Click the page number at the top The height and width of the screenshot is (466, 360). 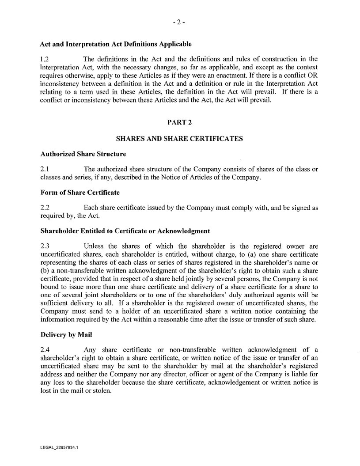tap(179, 23)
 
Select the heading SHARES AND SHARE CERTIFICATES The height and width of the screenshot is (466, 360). tap(179, 139)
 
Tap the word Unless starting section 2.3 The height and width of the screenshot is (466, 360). tap(93, 246)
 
